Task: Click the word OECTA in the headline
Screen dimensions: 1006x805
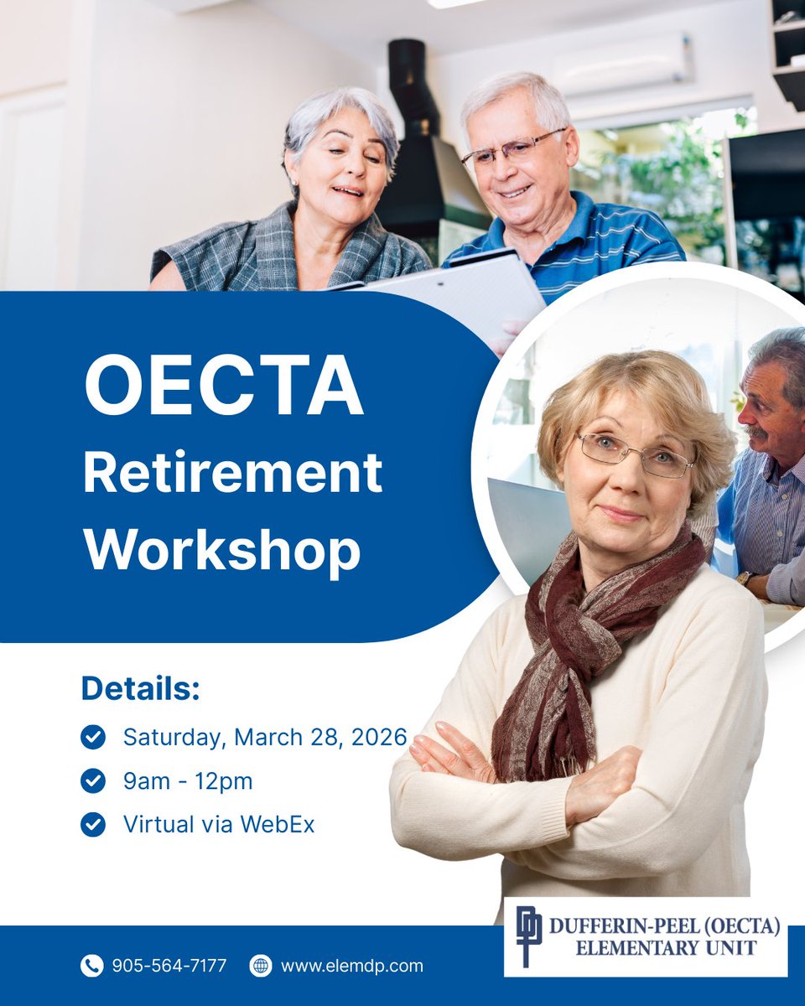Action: (224, 387)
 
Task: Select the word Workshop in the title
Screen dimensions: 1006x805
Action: (222, 550)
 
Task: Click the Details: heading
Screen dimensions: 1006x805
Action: (141, 688)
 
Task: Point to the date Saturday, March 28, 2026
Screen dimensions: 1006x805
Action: (265, 738)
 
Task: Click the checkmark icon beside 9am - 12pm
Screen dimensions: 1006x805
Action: (93, 781)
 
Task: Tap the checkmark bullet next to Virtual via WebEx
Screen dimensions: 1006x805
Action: (93, 824)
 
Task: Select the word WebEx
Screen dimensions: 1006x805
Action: (278, 824)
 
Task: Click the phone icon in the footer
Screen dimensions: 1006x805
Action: (91, 966)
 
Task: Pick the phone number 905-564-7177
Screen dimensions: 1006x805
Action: (169, 966)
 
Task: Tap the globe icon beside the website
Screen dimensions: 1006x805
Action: (261, 966)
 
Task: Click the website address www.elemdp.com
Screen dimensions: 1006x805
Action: (351, 966)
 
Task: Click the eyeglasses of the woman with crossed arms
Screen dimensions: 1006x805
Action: (636, 455)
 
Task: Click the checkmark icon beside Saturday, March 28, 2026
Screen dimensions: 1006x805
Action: (93, 738)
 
